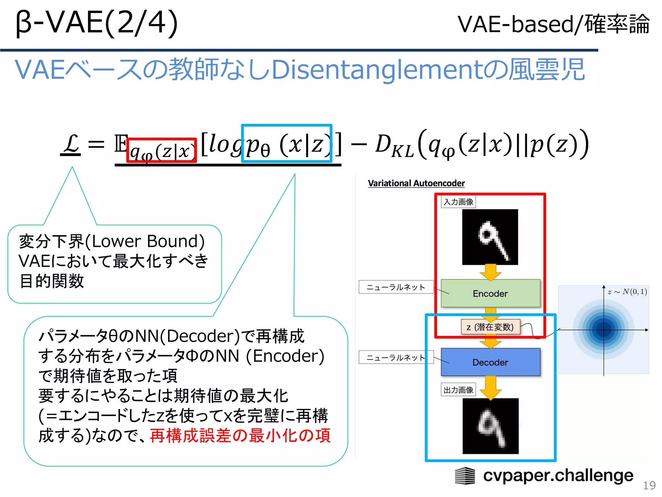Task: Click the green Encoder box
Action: [490, 293]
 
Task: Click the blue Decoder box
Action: [490, 362]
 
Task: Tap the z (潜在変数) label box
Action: [490, 327]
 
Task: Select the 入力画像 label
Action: [458, 202]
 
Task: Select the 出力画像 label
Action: [458, 390]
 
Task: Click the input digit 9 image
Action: [490, 237]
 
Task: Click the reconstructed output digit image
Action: [490, 426]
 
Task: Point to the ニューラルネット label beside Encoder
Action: [396, 287]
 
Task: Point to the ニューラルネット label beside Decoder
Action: [396, 357]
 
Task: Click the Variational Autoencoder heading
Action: [416, 183]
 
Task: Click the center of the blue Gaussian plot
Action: [603, 330]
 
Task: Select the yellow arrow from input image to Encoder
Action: [491, 272]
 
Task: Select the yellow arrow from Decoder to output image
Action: [491, 387]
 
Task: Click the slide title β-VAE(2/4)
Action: [97, 23]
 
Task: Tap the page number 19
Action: [649, 485]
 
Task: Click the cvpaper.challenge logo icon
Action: [465, 476]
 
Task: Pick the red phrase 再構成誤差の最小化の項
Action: [240, 436]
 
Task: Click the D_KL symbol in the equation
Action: [394, 145]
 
